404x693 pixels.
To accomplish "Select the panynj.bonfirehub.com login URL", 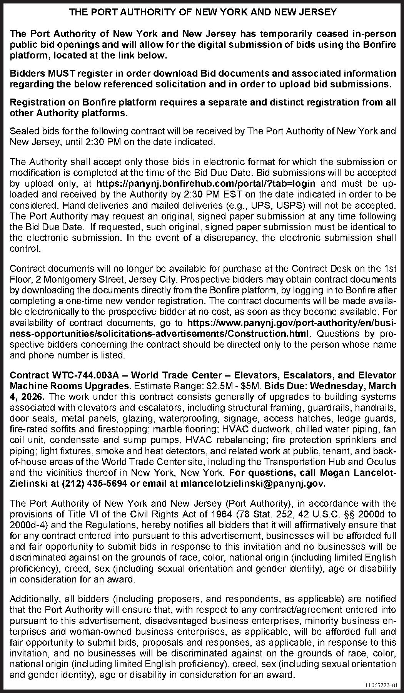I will pyautogui.click(x=206, y=183).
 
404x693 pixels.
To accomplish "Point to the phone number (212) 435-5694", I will pyautogui.click(x=94, y=484).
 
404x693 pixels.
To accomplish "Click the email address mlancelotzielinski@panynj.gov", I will pyautogui.click(x=253, y=484).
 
